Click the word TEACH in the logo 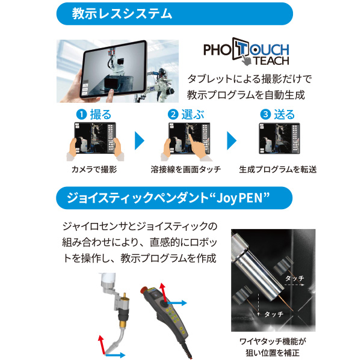tap(271, 61)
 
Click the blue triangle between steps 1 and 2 tap(140, 142)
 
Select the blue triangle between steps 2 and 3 tap(232, 142)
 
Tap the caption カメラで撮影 tap(93, 169)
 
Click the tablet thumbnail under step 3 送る tap(277, 142)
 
